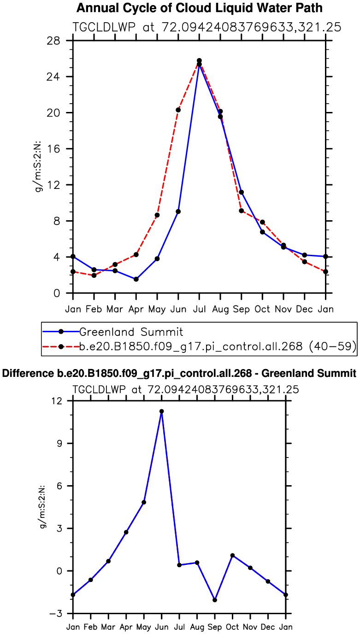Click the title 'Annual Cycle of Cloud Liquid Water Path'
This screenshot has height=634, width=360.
[199, 8]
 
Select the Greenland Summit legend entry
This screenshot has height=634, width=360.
[131, 331]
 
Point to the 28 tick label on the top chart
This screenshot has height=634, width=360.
[60, 41]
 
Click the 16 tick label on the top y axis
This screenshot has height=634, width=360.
[60, 149]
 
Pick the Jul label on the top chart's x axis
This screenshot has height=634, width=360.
[199, 309]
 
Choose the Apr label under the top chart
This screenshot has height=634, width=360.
[136, 309]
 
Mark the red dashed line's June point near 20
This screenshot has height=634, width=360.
[178, 110]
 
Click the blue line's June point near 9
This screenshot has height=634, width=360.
[178, 211]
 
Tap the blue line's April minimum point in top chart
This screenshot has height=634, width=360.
[136, 279]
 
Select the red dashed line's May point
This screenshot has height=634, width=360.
[157, 215]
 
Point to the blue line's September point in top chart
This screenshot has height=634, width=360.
[241, 192]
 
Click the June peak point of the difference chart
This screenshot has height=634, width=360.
[162, 411]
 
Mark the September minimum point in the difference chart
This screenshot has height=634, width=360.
[215, 600]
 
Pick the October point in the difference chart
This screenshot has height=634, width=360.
[232, 556]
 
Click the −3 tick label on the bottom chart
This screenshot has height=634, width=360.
[59, 614]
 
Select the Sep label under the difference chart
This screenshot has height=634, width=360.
[215, 627]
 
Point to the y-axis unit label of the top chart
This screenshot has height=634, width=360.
[41, 166]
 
